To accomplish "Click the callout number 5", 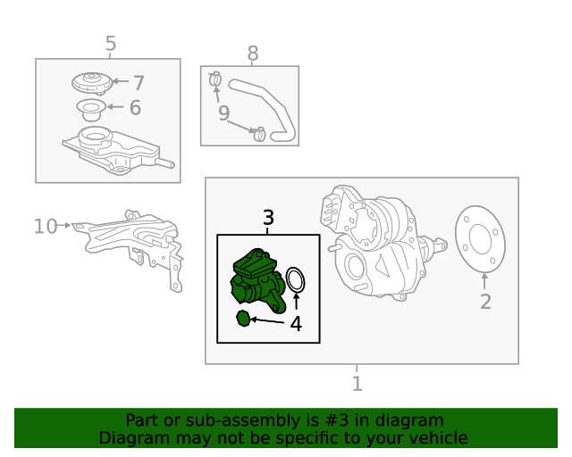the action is (111, 44).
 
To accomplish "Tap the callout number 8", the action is (253, 54).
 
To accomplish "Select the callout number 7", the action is (139, 83).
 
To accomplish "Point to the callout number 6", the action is (135, 107).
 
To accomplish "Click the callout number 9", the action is (224, 113).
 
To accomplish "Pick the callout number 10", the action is (46, 226).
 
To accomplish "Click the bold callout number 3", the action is (268, 218).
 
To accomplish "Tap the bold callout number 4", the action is (296, 324).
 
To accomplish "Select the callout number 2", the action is (485, 302).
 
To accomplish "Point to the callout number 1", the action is (357, 384).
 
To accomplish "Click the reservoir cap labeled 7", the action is (92, 83).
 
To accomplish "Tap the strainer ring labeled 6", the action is (91, 110).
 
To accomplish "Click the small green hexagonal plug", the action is (243, 319).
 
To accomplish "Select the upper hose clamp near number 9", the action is (215, 79).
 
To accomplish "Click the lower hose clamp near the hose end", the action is (259, 134).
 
